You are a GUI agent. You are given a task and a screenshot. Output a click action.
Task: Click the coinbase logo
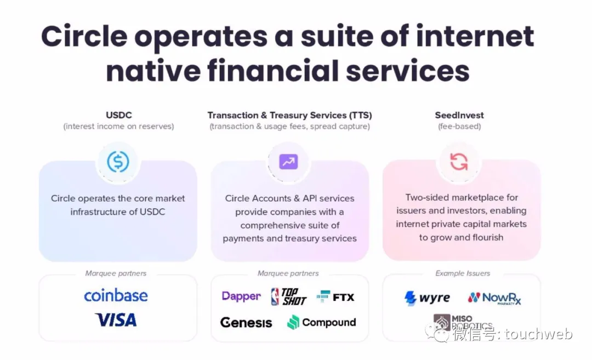coord(116,296)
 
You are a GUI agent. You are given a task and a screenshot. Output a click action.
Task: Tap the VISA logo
coord(116,319)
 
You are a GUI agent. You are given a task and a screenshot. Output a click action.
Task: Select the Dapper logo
coord(241,296)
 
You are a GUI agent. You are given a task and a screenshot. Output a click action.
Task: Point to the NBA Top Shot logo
coord(289,296)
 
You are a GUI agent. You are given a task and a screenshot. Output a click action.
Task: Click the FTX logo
coord(335,297)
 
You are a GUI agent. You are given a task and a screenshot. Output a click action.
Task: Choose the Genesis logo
coord(246,322)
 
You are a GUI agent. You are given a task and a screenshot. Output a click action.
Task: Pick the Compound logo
coord(322,322)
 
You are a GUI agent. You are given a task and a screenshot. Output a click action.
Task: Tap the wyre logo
coord(427,298)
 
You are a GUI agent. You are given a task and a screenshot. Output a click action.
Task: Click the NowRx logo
coord(494,298)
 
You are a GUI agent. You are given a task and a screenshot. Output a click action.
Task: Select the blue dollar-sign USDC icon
coord(118,162)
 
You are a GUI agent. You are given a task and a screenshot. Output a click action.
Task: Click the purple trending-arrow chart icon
coord(288,162)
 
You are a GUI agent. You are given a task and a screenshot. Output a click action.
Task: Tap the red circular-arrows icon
coord(459,162)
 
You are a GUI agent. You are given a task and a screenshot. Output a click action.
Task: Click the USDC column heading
coord(118,115)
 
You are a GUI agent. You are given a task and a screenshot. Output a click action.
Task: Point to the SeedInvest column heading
coord(459,115)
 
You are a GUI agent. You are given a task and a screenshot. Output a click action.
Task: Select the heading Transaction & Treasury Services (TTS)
coord(289,115)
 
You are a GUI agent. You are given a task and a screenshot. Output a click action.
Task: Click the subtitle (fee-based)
coord(459,127)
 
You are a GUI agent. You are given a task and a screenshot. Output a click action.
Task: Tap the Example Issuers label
coord(463,273)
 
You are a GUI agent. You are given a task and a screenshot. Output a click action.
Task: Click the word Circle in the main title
coord(84,36)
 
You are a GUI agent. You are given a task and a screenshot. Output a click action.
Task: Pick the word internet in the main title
coord(475,36)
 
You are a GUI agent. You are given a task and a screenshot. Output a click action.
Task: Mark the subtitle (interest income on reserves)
coord(118,127)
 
